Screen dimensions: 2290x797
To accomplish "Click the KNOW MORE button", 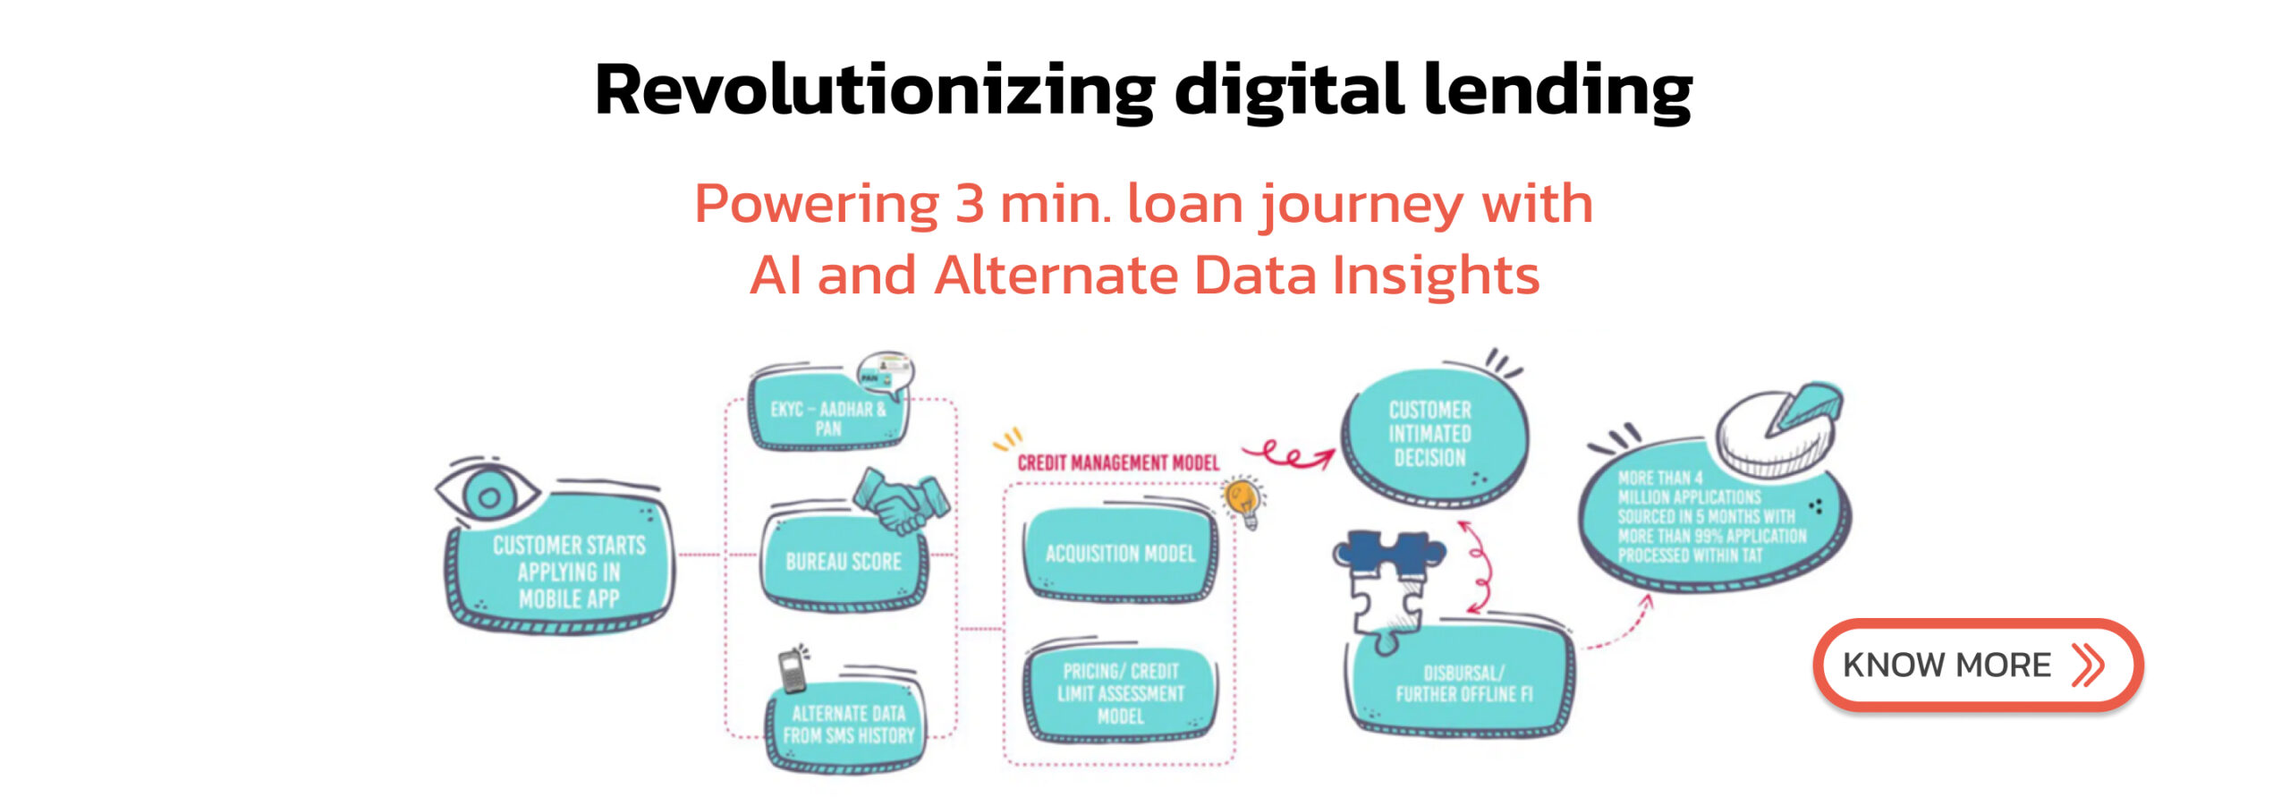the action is tap(1978, 665).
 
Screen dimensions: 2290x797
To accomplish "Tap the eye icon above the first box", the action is tap(487, 490).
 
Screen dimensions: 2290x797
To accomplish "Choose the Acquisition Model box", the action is tap(1120, 555).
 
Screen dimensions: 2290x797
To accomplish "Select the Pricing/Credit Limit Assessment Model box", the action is tap(1120, 693).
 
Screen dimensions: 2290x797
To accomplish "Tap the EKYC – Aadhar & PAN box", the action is tap(828, 413).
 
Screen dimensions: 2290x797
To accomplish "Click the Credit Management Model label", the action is tap(1118, 462).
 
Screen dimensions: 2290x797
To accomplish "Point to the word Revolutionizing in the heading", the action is tap(875, 90).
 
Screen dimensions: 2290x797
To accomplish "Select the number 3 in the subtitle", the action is tap(970, 204).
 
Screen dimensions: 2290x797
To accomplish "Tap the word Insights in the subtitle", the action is tap(1436, 275).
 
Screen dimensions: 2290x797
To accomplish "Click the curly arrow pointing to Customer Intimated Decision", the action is tap(1288, 455).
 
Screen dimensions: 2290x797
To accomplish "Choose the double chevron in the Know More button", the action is tap(2088, 665).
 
